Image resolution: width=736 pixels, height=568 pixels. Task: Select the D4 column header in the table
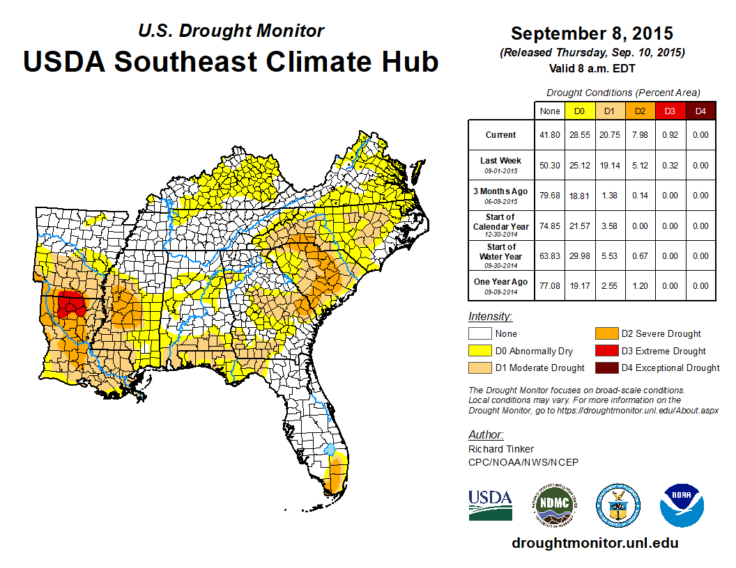click(x=700, y=111)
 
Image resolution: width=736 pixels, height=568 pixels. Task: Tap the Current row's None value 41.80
click(x=549, y=135)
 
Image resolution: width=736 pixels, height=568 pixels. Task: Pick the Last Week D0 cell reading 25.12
click(x=579, y=166)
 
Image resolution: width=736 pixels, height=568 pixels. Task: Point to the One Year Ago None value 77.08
click(x=549, y=285)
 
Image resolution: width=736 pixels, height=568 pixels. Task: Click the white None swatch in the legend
click(x=480, y=334)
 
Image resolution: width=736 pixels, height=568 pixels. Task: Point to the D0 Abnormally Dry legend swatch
click(x=480, y=351)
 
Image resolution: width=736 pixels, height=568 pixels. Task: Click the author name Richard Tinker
click(x=502, y=449)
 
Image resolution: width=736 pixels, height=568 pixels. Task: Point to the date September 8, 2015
click(x=592, y=33)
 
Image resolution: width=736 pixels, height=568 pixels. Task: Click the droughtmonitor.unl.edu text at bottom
click(x=595, y=543)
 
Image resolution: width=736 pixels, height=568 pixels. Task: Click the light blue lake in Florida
click(x=330, y=450)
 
